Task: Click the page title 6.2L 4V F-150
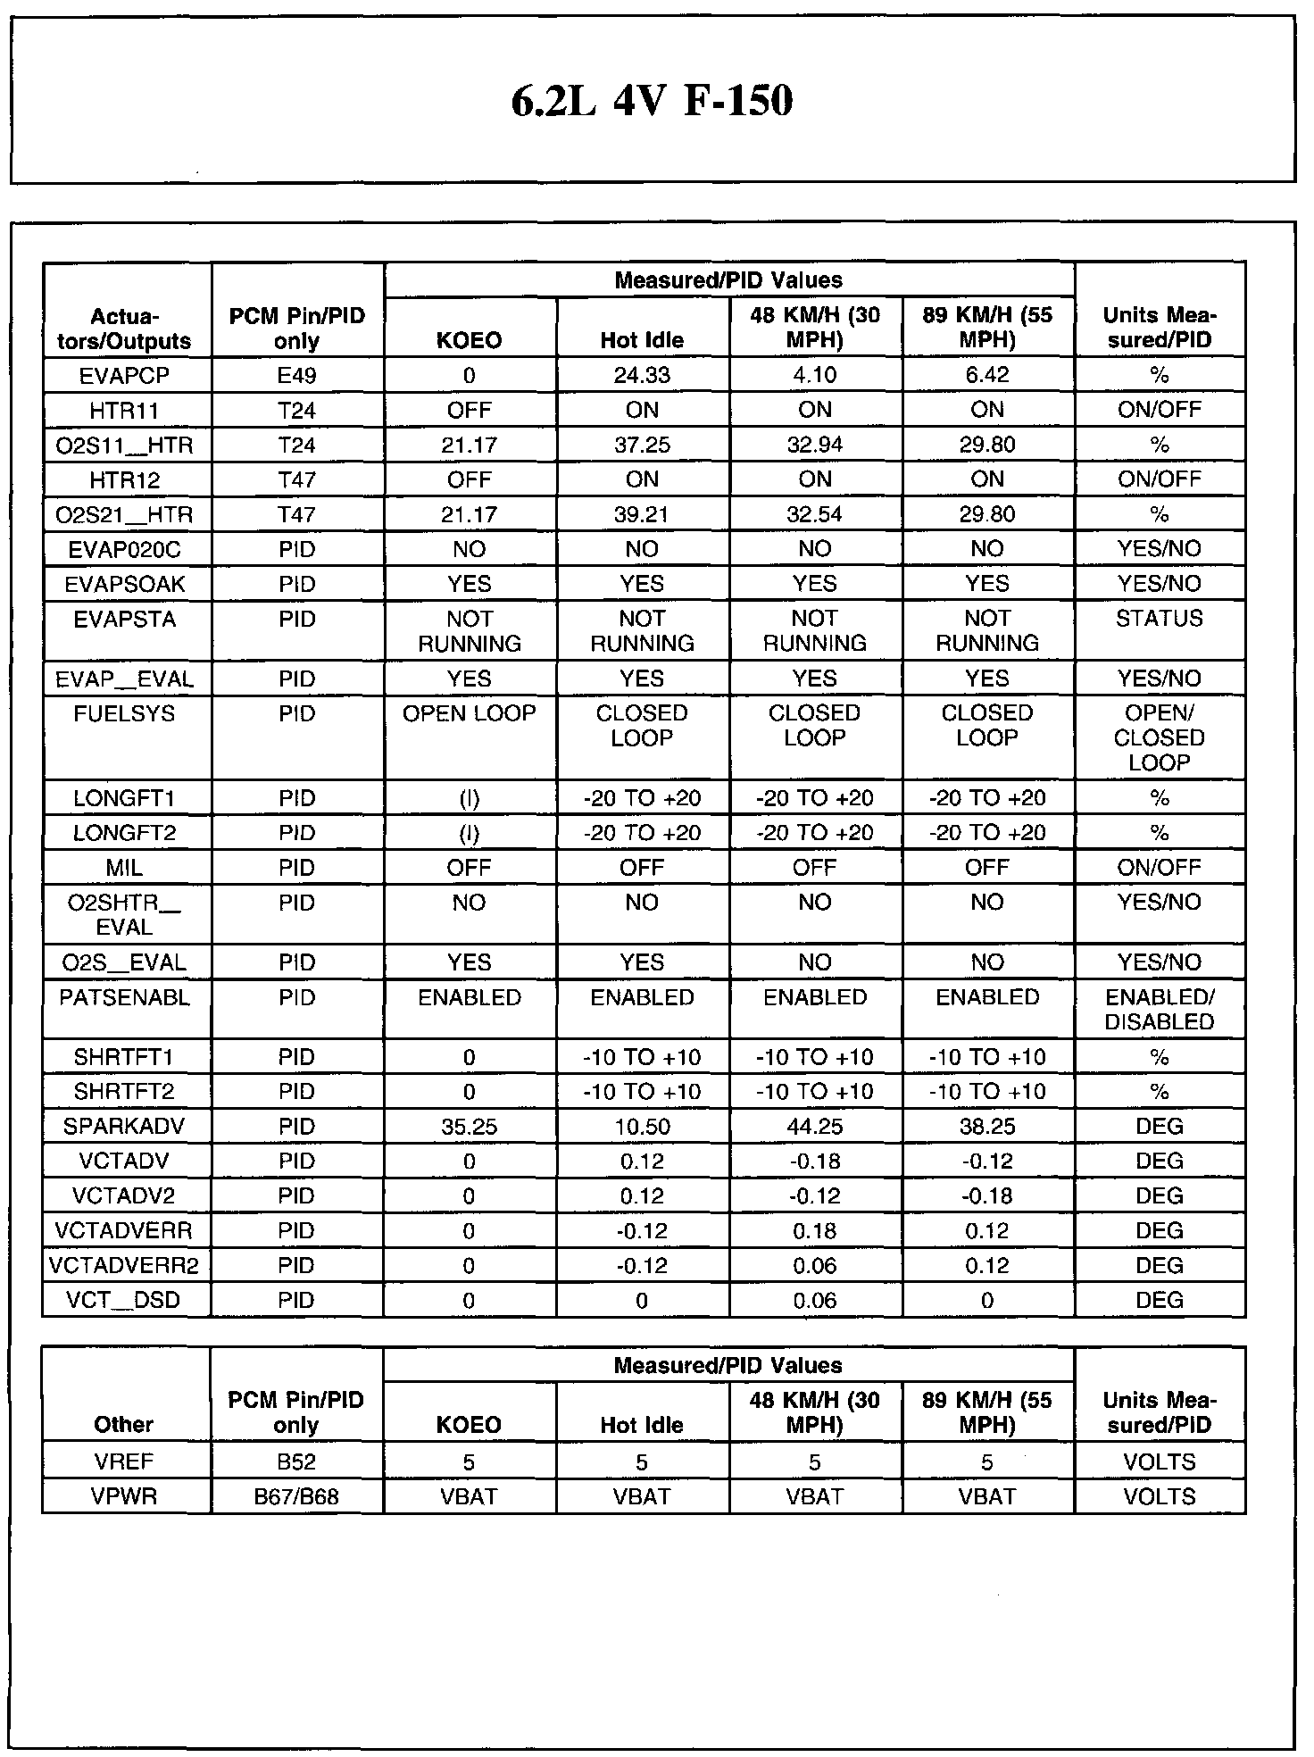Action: pyautogui.click(x=652, y=101)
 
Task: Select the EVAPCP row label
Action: pyautogui.click(x=125, y=375)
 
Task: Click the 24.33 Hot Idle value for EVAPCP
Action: pyautogui.click(x=642, y=375)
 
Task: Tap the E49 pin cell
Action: pyautogui.click(x=296, y=375)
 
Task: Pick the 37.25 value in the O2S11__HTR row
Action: pyautogui.click(x=642, y=445)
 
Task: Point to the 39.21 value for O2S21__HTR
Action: pyautogui.click(x=642, y=514)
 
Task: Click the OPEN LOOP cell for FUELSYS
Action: pyautogui.click(x=470, y=713)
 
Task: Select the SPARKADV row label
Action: pyautogui.click(x=125, y=1127)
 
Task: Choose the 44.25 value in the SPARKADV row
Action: pyautogui.click(x=814, y=1127)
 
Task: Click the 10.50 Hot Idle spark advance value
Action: pyautogui.click(x=642, y=1127)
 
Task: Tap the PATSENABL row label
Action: pyautogui.click(x=125, y=997)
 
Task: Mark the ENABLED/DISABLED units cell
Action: pyautogui.click(x=1160, y=1010)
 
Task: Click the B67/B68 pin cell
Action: pyautogui.click(x=296, y=1497)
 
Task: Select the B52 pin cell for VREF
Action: pyautogui.click(x=296, y=1462)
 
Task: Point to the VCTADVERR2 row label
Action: pyautogui.click(x=125, y=1266)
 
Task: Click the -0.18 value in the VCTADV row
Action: pyautogui.click(x=814, y=1162)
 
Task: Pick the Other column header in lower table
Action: pyautogui.click(x=125, y=1424)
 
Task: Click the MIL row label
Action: pyautogui.click(x=125, y=867)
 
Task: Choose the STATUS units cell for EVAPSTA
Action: pyautogui.click(x=1160, y=619)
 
